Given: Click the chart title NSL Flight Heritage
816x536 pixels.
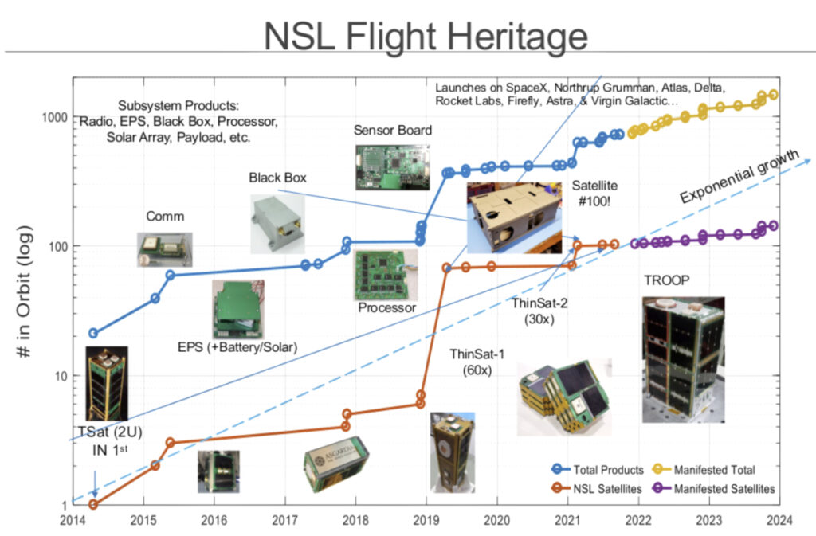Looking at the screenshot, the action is tap(426, 36).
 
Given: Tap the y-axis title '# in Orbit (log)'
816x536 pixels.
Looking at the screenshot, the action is tap(24, 291).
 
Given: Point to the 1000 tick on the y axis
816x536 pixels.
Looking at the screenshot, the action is tap(55, 118).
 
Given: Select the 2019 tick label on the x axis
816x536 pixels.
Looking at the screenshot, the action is tap(426, 520).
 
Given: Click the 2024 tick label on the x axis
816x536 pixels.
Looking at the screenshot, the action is tap(779, 520).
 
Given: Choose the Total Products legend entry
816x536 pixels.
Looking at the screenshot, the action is tap(598, 470).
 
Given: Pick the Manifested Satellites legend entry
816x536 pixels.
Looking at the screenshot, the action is tap(713, 489).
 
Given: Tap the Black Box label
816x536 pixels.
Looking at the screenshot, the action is tap(277, 178).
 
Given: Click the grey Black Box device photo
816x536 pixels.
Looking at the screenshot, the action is tap(277, 224).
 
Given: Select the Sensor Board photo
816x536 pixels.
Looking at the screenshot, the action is tap(392, 167).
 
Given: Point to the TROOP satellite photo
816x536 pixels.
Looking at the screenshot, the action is tap(683, 359).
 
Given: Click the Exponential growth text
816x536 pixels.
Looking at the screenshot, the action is tap(739, 176).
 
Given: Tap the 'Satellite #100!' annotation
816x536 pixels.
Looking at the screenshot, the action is tap(594, 193).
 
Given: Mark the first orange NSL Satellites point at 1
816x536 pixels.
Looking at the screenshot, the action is tap(93, 504).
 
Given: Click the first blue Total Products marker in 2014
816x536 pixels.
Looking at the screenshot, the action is tap(93, 333).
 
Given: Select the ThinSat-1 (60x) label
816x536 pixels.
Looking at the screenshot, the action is tap(477, 362).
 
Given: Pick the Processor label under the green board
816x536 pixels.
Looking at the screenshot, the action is tap(386, 307).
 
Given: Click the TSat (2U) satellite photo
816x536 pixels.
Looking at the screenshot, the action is tap(107, 384).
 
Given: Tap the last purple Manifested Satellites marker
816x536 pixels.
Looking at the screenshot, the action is tap(773, 225).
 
